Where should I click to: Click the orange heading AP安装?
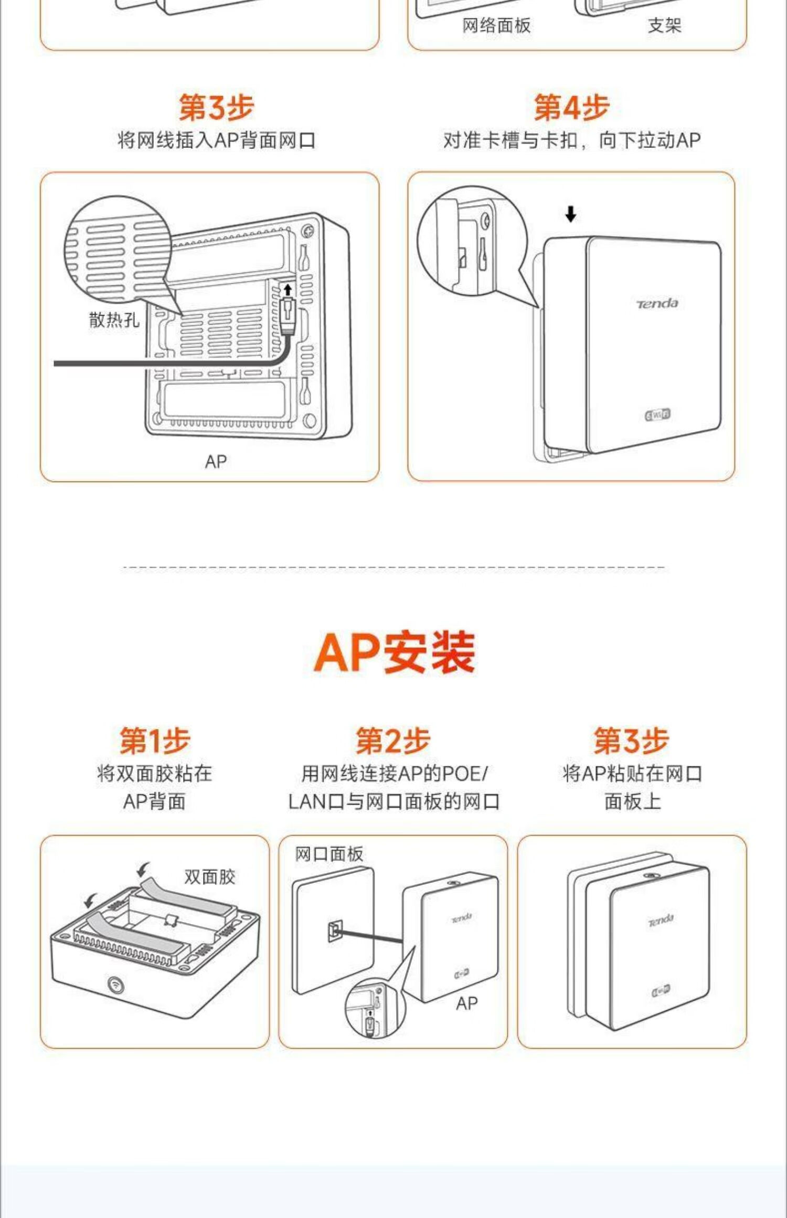click(x=394, y=653)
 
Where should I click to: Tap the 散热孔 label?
click(x=114, y=319)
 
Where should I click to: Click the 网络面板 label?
click(x=496, y=25)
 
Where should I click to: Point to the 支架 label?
click(x=664, y=25)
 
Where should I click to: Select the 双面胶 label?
click(x=209, y=877)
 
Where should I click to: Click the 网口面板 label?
click(x=329, y=854)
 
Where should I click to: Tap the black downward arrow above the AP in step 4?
click(x=570, y=214)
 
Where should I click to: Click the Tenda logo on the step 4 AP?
click(x=657, y=304)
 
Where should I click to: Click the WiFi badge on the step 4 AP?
click(x=657, y=415)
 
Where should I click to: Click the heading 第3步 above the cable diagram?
click(x=216, y=107)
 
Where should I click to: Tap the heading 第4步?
click(x=571, y=107)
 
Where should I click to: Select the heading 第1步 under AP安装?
click(x=154, y=740)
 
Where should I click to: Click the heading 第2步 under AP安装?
click(x=393, y=740)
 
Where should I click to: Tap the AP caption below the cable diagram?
click(x=216, y=462)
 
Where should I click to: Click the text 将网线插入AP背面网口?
click(x=216, y=141)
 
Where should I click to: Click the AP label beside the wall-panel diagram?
click(x=466, y=1003)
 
